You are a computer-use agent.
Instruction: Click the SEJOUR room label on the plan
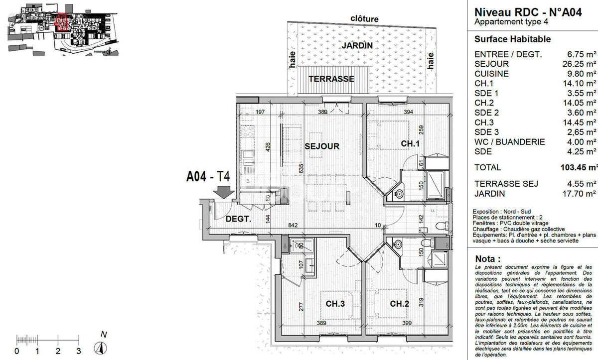[x=322, y=146]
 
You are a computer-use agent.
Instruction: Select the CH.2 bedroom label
[x=400, y=304]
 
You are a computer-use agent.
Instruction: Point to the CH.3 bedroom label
[x=336, y=304]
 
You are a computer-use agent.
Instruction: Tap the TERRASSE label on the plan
[x=331, y=79]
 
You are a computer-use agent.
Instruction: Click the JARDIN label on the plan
[x=357, y=45]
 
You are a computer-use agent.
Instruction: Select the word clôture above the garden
[x=364, y=19]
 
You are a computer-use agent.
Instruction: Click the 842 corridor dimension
[x=294, y=226]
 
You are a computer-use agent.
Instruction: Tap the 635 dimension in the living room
[x=300, y=182]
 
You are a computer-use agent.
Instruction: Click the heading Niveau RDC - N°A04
[x=528, y=13]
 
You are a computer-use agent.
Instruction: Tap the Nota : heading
[x=488, y=259]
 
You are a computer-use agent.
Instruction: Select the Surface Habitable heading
[x=512, y=39]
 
